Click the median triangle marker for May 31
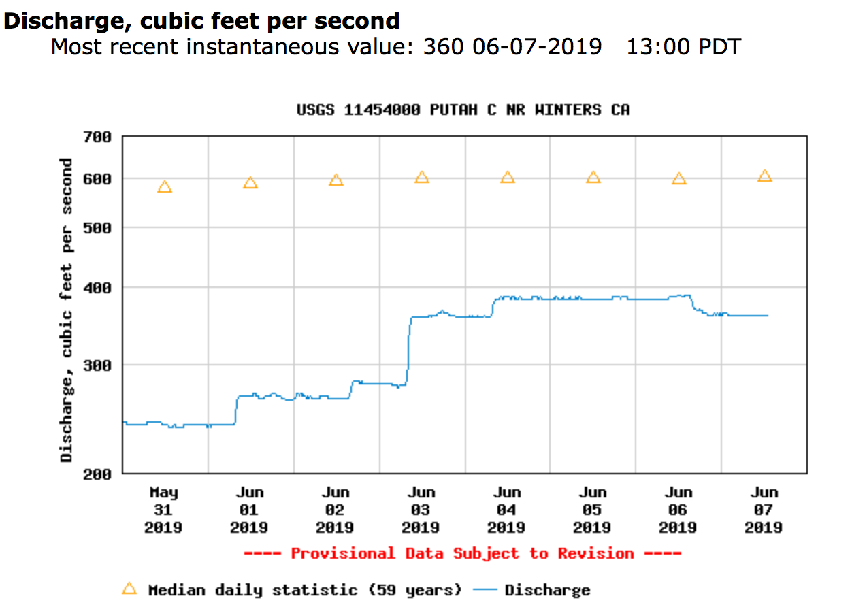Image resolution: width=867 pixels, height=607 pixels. [164, 187]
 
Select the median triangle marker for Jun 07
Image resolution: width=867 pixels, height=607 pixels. [765, 176]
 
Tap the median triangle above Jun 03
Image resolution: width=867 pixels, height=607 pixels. [422, 178]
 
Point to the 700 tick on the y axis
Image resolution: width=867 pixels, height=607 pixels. [98, 137]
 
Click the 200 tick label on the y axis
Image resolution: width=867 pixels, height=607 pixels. [98, 474]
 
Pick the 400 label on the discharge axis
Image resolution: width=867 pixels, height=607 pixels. [98, 288]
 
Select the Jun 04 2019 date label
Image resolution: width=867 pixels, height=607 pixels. [506, 510]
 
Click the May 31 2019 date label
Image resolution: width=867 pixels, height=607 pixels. [163, 510]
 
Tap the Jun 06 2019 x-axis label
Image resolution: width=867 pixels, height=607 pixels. [678, 510]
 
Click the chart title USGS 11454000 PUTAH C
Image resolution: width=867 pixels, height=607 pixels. [463, 110]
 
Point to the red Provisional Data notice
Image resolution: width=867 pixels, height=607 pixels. [462, 553]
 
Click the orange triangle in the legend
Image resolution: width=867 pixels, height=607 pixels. [129, 588]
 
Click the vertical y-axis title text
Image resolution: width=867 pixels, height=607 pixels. [66, 310]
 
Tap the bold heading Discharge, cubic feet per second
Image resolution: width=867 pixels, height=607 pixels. [201, 20]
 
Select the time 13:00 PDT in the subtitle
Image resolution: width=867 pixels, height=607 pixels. [683, 47]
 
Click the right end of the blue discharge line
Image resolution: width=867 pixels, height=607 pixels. [767, 316]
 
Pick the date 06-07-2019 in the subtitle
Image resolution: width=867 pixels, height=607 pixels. [534, 47]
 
